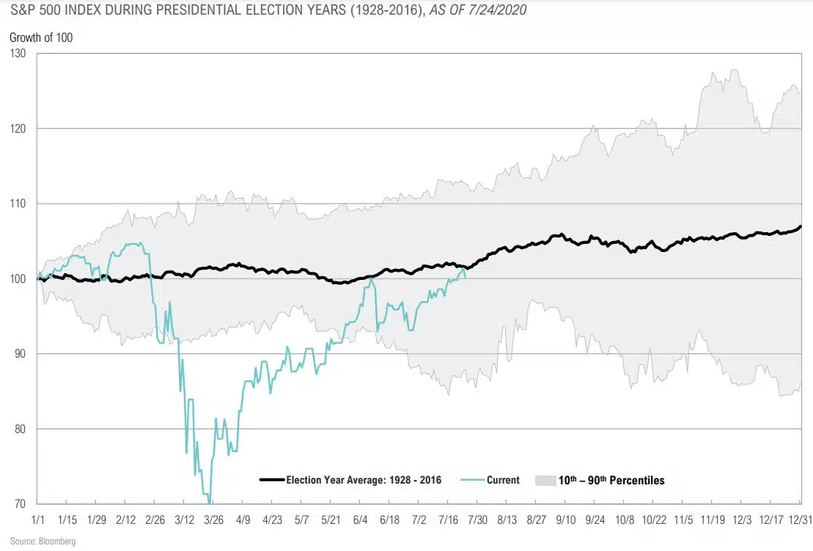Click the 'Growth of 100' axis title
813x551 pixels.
pos(41,37)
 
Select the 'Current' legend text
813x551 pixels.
pos(503,481)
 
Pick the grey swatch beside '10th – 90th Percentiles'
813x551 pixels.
pos(546,481)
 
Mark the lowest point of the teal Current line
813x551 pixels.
pos(210,503)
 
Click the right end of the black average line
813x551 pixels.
pos(800,226)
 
